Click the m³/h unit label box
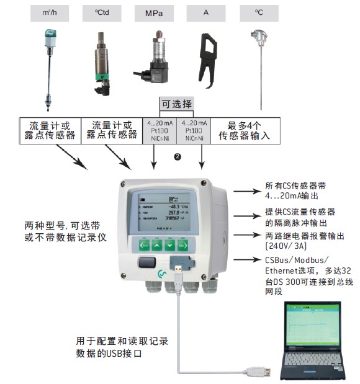click(48, 12)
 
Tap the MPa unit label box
click(154, 12)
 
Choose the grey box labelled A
click(205, 12)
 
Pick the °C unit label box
click(259, 12)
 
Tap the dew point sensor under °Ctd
click(101, 62)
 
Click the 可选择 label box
click(178, 103)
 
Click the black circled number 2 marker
click(177, 158)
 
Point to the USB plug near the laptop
click(258, 372)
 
